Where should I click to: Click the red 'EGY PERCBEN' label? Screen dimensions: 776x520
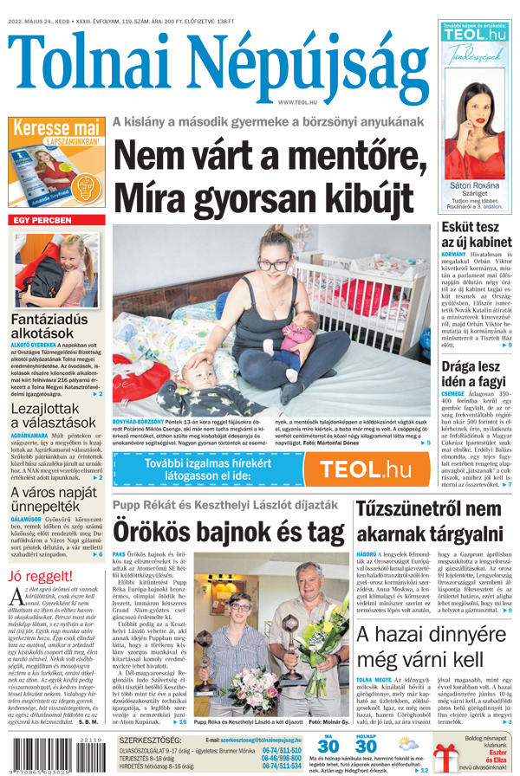click(x=44, y=221)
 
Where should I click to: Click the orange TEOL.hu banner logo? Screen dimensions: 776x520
click(x=364, y=469)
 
